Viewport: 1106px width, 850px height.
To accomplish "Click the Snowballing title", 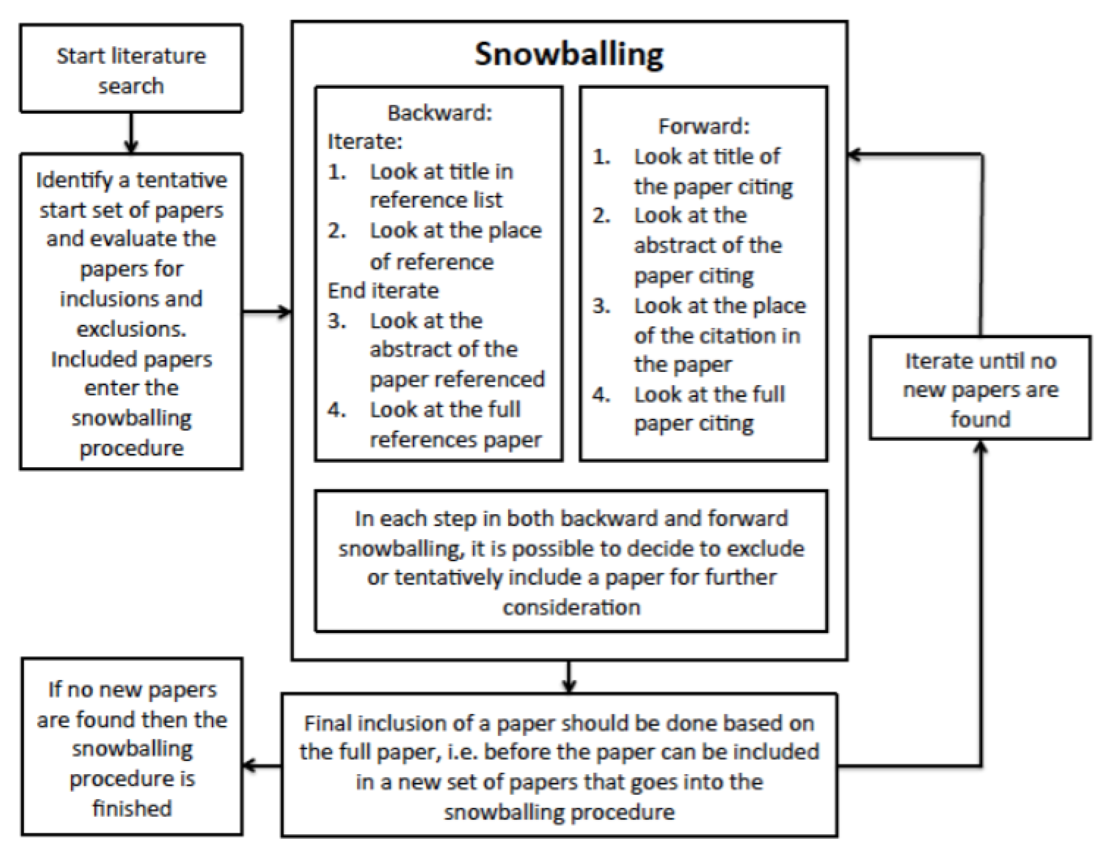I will point(569,54).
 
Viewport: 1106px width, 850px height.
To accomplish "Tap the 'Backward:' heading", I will point(439,113).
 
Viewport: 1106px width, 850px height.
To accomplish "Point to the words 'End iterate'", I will point(383,290).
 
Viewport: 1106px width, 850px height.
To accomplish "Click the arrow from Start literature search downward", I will point(131,133).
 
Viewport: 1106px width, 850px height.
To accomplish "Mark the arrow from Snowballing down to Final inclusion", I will point(569,677).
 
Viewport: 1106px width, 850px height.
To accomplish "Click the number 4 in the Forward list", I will point(601,394).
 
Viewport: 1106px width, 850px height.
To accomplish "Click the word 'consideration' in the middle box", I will point(571,607).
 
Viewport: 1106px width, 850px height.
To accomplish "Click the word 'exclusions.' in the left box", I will point(131,329).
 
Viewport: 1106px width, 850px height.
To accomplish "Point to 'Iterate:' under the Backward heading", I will point(365,141).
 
